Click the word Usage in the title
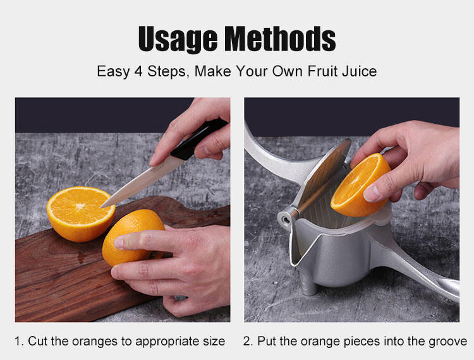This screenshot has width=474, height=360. point(178,39)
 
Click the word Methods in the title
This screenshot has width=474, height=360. point(280,38)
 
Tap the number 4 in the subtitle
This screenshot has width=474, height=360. point(138,71)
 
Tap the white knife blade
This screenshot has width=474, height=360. point(142,182)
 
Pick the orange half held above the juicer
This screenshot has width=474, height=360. point(360,186)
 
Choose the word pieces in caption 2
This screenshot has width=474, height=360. point(362,342)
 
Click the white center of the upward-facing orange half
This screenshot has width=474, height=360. point(80,207)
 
